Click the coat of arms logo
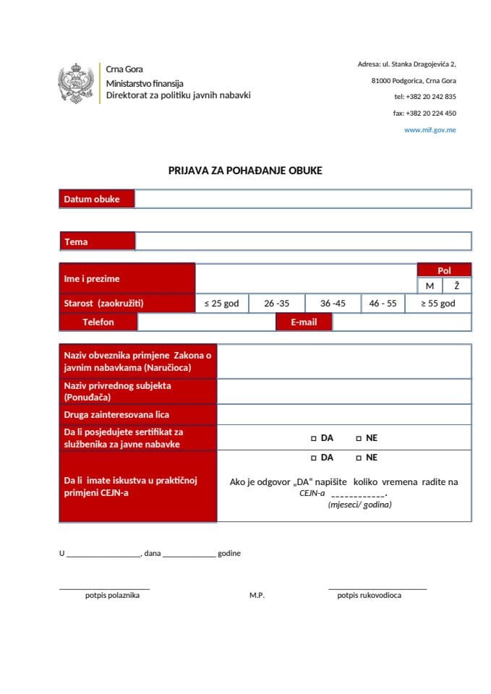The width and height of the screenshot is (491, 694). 76,83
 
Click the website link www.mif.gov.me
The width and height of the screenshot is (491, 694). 430,130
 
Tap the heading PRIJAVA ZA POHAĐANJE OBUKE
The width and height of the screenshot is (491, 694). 245,171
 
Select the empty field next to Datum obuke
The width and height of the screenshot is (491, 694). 302,199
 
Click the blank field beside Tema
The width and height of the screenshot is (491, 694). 302,241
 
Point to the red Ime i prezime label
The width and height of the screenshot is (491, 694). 127,278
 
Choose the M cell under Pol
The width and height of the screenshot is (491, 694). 430,286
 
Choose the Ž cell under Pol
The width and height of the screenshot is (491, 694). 457,286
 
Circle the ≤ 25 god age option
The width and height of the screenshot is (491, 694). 222,304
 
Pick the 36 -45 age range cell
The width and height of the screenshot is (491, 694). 333,304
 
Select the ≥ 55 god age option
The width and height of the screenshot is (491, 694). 438,304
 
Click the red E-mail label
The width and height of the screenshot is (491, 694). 304,322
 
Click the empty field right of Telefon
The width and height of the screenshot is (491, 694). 206,322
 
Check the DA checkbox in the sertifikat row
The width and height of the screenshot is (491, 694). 314,438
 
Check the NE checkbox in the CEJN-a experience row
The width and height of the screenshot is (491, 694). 359,458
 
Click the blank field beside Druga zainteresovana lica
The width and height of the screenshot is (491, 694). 344,414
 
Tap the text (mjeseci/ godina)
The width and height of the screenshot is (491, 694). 359,505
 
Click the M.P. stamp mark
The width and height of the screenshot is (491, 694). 257,595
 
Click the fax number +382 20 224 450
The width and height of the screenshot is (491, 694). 424,113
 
